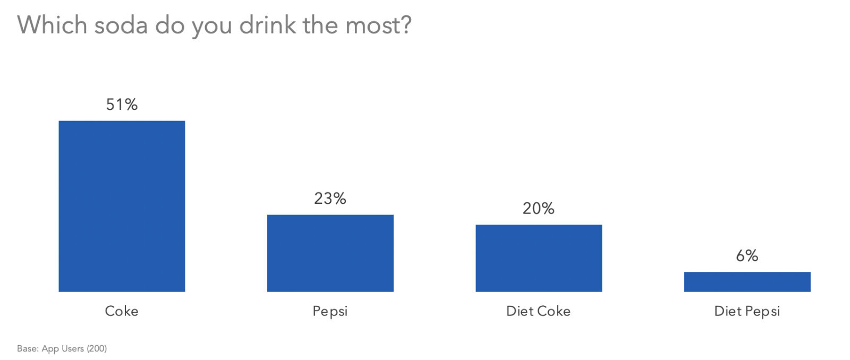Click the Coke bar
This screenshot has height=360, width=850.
[x=122, y=206]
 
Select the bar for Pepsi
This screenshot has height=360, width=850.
[x=330, y=253]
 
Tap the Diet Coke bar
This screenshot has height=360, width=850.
[x=539, y=258]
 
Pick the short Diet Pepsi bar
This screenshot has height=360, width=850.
[x=747, y=281]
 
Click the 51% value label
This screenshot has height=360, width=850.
[x=122, y=105]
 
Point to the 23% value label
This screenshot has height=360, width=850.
[x=330, y=199]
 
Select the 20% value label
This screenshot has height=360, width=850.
[x=538, y=209]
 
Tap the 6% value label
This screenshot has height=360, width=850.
[x=747, y=256]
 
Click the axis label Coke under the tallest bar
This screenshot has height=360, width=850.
[x=122, y=311]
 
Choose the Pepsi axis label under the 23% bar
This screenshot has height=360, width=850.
[x=330, y=311]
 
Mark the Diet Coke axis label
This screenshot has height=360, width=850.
[x=538, y=311]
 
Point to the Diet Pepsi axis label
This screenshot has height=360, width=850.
[x=747, y=311]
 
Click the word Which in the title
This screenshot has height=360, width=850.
[x=52, y=25]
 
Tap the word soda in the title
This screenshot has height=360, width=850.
[x=121, y=25]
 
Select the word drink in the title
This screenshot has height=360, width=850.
[x=268, y=25]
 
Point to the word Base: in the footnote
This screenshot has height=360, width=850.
[x=28, y=349]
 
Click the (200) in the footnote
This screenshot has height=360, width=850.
[x=97, y=349]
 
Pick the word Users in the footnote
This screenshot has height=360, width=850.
[x=73, y=349]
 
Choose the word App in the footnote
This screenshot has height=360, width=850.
[x=50, y=349]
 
